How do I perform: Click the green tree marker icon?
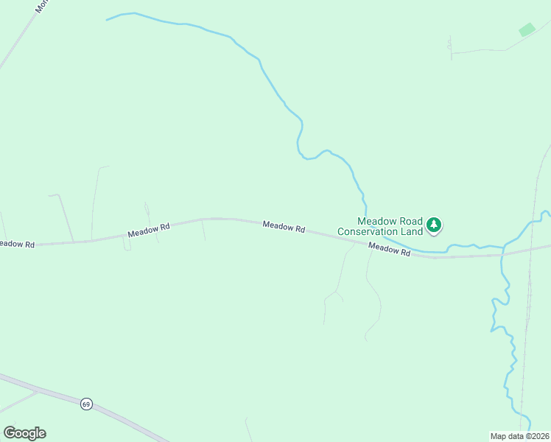(435, 224)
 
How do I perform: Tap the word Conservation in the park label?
(368, 231)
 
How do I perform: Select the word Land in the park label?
(413, 231)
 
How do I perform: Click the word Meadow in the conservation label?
(374, 221)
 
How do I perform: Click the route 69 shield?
(87, 404)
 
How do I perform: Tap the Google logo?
(24, 433)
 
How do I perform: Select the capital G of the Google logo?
(10, 433)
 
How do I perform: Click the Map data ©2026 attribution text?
(519, 435)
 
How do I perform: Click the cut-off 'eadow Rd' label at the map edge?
(16, 244)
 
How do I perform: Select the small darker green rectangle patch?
(527, 29)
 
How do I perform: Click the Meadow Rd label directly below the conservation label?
(389, 250)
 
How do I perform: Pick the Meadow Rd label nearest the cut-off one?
(149, 230)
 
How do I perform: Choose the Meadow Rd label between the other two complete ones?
(284, 227)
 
